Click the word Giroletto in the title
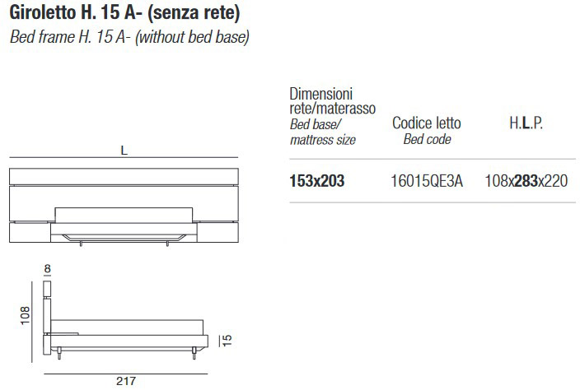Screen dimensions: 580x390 (42, 12)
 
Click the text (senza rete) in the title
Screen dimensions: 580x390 (194, 13)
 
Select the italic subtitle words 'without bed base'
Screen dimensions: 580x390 (193, 37)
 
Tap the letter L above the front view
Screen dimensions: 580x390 (124, 151)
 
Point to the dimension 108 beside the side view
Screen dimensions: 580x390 (25, 315)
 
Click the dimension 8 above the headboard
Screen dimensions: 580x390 (47, 269)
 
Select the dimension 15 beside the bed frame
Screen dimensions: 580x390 (227, 340)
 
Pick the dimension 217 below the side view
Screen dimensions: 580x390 (126, 381)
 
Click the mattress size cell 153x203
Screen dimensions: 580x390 (317, 181)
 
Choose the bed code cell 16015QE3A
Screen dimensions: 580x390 (427, 181)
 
